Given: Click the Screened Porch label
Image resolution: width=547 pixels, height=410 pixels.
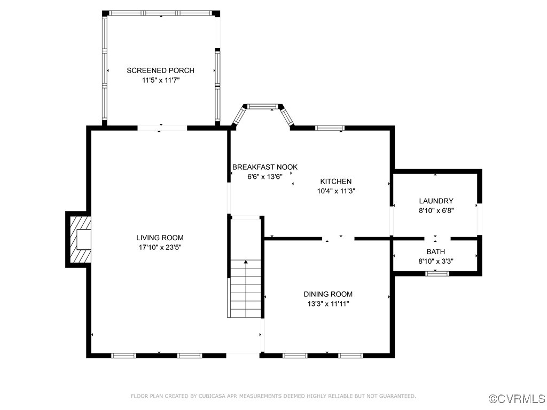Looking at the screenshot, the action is coord(160,70).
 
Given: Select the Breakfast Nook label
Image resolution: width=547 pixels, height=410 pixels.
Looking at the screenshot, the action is coord(265,167).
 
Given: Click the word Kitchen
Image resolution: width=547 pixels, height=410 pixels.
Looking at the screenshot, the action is coord(336,182).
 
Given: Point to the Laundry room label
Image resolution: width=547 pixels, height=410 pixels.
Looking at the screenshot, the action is coord(436,201).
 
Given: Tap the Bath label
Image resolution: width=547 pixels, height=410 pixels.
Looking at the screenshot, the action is coord(436,251).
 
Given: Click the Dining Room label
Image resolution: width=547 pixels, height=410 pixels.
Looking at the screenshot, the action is coord(328,294).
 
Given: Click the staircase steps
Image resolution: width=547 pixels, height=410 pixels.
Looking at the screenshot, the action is coord(246,289).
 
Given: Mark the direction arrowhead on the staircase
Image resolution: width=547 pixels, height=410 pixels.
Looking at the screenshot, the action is coord(246,262).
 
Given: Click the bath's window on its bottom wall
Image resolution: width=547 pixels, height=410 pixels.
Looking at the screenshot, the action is coord(437,273).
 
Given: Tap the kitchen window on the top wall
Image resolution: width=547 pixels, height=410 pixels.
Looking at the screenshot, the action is coord(330,128).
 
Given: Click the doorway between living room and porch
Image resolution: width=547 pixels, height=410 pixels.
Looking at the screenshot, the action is coord(162,128).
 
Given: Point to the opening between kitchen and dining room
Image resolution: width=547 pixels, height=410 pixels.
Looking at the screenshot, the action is coord(338,239).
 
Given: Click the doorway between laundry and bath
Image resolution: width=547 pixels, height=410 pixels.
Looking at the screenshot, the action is coord(437,239).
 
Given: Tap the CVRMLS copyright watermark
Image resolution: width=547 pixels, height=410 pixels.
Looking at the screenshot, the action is coord(517,399).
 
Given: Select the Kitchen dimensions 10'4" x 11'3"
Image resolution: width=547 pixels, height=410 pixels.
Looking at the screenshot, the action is coord(336,191).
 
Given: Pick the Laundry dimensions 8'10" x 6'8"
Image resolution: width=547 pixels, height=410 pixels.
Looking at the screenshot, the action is coord(436,210).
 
